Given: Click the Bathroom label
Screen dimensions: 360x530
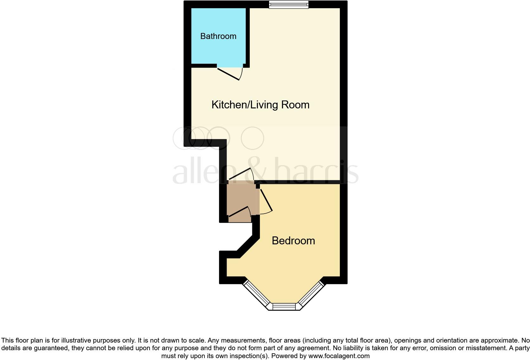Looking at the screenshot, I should [218, 36].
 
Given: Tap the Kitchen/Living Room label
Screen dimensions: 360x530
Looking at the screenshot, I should [260, 105].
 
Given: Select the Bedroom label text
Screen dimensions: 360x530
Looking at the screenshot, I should [293, 241].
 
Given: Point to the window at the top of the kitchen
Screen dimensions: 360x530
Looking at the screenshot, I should [288, 4].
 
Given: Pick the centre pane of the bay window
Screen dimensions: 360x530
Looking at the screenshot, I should [284, 306].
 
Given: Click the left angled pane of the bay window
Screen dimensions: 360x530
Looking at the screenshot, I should [255, 294].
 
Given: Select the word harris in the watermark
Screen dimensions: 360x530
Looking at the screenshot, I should [317, 171].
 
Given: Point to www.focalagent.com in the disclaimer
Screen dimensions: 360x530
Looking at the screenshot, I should [339, 356].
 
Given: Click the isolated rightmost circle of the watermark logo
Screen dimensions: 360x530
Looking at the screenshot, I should [252, 138].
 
